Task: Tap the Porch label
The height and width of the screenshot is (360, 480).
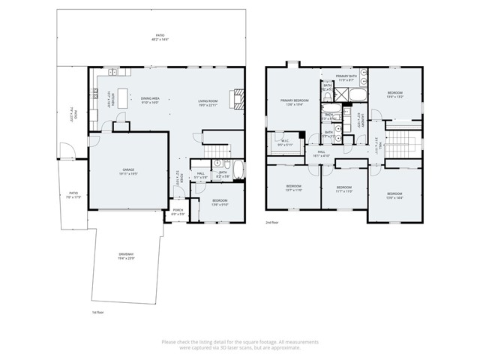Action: click(x=178, y=213)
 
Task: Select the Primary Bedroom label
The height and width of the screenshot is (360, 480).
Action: click(x=295, y=101)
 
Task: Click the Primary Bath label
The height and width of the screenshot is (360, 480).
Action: click(x=346, y=77)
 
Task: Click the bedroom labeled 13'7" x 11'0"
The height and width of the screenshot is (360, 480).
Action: click(x=293, y=187)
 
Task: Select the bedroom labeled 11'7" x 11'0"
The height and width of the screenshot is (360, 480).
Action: click(x=343, y=188)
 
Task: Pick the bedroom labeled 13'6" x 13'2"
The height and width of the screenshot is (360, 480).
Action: click(x=395, y=95)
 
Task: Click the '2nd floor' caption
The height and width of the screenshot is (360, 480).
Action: click(x=272, y=223)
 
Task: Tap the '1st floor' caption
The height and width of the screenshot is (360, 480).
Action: click(x=97, y=311)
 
